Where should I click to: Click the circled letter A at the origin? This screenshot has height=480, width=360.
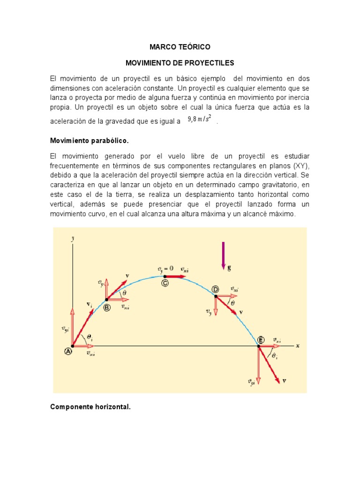pos(68,351)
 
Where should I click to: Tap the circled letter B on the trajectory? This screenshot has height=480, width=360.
pos(107,307)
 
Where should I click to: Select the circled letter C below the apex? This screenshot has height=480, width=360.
pos(165,283)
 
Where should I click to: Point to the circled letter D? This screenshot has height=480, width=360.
pos(216,290)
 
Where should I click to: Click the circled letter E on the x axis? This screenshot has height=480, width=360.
pos(261,340)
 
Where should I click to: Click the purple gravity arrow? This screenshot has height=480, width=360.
pos(224,256)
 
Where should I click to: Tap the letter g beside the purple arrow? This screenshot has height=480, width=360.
pos(229,268)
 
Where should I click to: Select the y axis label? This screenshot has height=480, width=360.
pos(73,239)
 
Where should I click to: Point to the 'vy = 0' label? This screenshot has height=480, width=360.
pos(165,269)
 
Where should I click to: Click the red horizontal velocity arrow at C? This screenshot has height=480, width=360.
pos(175,277)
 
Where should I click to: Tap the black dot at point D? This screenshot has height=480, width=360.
pos(216,296)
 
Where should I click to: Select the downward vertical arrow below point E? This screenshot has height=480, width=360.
pos(258,362)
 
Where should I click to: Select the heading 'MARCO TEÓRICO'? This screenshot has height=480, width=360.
pos(180,47)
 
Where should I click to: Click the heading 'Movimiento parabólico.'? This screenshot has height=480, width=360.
pos(89,141)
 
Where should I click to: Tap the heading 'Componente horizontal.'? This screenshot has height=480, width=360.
pos(90,407)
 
